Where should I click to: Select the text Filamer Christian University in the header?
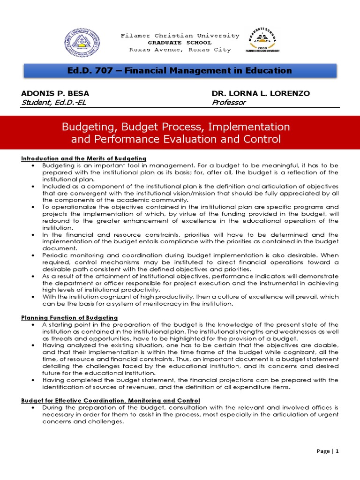[x=180, y=36]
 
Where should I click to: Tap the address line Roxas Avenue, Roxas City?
[x=180, y=50]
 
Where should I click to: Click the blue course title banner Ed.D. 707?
[x=180, y=70]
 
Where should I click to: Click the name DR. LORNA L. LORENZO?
[x=261, y=93]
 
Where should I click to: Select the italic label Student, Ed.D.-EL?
[x=54, y=102]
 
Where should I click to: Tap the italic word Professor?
[x=229, y=102]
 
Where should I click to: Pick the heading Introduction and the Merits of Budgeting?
[x=84, y=158]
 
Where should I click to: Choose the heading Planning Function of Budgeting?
[x=69, y=317]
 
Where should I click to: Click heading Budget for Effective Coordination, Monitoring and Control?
[x=111, y=400]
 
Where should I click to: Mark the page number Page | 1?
[x=328, y=451]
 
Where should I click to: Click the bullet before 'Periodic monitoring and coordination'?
[x=32, y=255]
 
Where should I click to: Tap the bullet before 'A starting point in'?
[x=32, y=325]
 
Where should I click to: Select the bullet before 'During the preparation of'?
[x=32, y=408]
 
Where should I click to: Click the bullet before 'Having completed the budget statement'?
[x=32, y=380]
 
